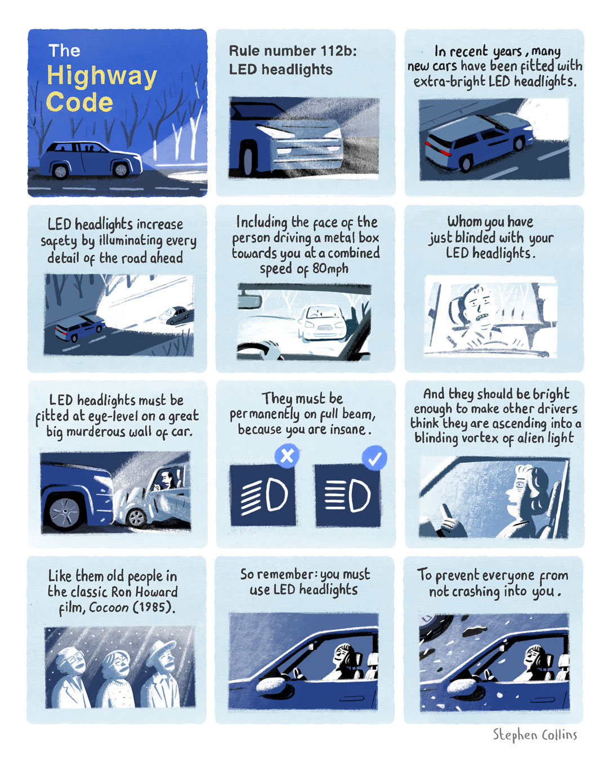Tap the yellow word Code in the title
pos(79,102)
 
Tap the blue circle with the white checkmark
pos(374,458)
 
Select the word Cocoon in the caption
pos(109,607)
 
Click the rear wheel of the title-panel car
pos(60,172)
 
